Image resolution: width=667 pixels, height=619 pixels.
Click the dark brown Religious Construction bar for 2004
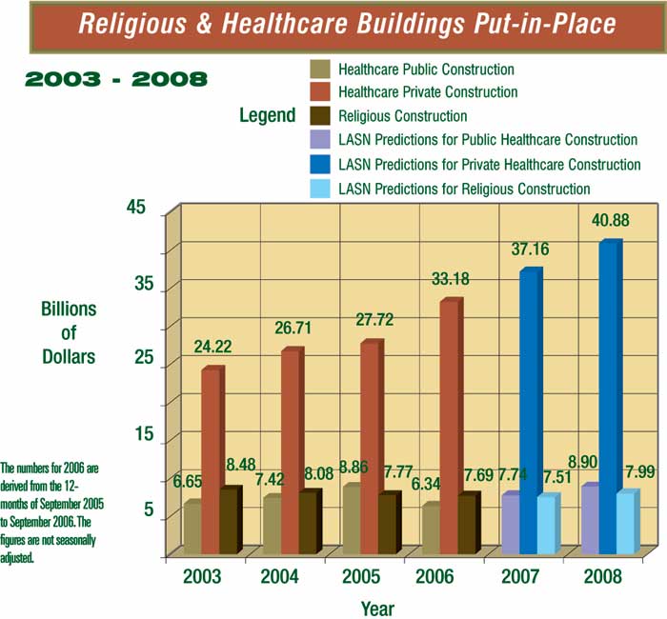[x=308, y=521]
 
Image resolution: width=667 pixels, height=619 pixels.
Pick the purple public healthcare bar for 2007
[x=510, y=523]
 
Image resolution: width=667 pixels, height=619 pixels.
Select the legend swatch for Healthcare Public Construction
[x=321, y=70]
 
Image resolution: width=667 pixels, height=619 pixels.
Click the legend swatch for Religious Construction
[x=321, y=116]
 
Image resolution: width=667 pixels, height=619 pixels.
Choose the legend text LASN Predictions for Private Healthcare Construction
[x=489, y=165]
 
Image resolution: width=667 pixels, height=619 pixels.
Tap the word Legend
[x=268, y=116]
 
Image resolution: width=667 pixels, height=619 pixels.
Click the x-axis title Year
[x=377, y=608]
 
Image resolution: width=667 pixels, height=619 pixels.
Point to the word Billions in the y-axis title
[x=69, y=310]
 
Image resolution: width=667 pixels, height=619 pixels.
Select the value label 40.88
[x=609, y=220]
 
